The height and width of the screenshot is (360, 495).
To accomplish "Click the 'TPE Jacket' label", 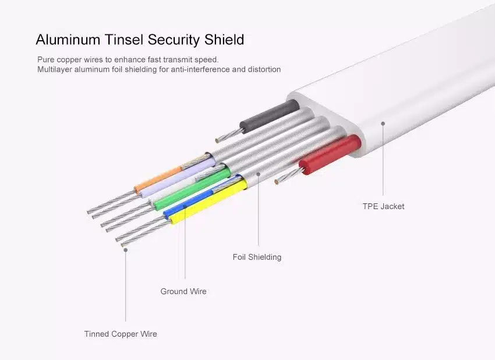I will click(383, 206).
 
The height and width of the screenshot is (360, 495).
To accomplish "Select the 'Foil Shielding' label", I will click(257, 257).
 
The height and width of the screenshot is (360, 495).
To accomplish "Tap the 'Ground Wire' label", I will click(183, 291).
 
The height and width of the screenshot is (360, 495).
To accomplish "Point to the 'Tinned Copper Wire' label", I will click(121, 334).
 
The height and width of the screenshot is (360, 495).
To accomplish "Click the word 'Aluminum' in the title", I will click(68, 40).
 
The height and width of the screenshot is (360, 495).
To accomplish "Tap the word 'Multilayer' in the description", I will click(55, 69).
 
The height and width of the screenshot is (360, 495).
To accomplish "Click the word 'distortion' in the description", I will click(264, 69).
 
